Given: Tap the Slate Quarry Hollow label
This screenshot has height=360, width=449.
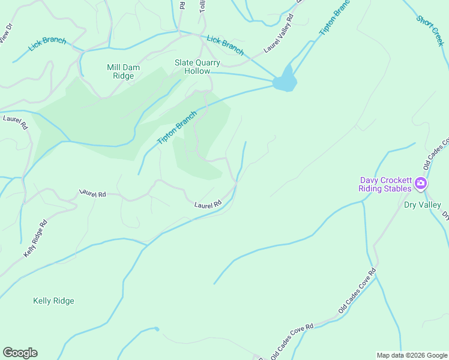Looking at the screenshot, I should point(197,67).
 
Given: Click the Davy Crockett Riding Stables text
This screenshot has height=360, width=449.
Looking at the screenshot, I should point(385,184).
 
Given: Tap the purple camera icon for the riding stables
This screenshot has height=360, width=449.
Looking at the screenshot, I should point(421,183).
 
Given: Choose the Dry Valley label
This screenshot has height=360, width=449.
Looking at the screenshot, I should point(422,205).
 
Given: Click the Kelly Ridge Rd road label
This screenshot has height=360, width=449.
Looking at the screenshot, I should point(35,239).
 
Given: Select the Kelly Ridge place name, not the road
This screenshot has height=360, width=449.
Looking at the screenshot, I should point(53,301).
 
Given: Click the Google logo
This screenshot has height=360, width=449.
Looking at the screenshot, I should point(20,353).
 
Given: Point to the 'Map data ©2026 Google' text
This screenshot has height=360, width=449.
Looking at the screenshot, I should point(411,355).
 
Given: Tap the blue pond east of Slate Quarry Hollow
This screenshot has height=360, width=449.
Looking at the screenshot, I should point(285,80).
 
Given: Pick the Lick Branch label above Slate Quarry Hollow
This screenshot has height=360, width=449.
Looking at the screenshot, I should point(225,43).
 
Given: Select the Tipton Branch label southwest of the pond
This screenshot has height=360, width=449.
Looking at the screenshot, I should point(177,128).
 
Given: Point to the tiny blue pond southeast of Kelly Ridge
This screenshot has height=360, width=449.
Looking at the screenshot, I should point(156,329).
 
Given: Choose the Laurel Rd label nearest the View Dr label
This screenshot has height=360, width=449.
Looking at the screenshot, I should point(15,122).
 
